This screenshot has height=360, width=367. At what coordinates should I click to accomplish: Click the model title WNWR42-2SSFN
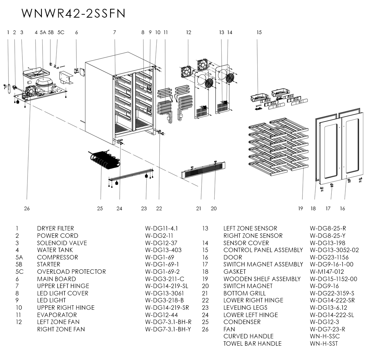73,13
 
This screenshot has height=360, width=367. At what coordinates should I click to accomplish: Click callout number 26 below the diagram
27,208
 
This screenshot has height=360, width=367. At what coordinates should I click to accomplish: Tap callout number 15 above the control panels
259,32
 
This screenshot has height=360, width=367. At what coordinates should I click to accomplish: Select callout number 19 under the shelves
301,208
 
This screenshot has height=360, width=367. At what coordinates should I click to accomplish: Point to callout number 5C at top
61,32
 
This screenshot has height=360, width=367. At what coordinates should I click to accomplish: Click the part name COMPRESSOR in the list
58,257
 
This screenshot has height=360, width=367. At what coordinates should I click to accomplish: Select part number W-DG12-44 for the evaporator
161,315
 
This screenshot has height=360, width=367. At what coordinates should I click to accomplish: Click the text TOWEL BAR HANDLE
252,343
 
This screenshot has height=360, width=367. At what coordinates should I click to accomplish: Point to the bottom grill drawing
204,173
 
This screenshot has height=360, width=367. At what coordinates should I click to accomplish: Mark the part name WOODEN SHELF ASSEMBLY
262,279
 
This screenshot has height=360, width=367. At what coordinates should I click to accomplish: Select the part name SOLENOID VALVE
62,243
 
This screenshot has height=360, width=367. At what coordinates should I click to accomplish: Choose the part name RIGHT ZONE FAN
61,329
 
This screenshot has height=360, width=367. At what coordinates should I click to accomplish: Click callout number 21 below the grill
199,208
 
